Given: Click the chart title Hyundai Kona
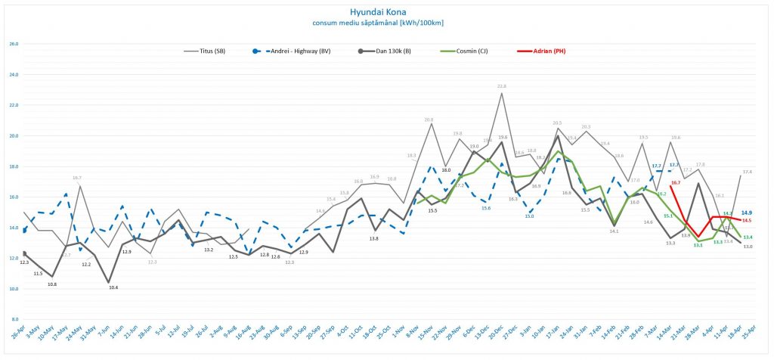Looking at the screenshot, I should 386,12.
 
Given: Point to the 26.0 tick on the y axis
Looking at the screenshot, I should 14,43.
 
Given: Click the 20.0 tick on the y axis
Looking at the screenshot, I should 14,136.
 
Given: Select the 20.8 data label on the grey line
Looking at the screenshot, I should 429,119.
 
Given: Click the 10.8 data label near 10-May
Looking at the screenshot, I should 52,284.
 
